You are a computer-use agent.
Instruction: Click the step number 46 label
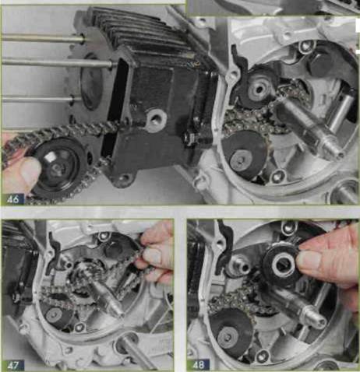click(13, 199)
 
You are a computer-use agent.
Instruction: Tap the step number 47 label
click(13, 365)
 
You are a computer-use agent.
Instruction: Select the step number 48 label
click(199, 365)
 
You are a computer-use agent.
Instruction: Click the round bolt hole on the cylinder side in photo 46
click(157, 119)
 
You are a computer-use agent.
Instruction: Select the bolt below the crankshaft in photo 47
click(80, 328)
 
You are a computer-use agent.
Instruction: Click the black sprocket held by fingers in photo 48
click(281, 265)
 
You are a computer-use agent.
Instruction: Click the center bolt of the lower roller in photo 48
click(229, 337)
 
